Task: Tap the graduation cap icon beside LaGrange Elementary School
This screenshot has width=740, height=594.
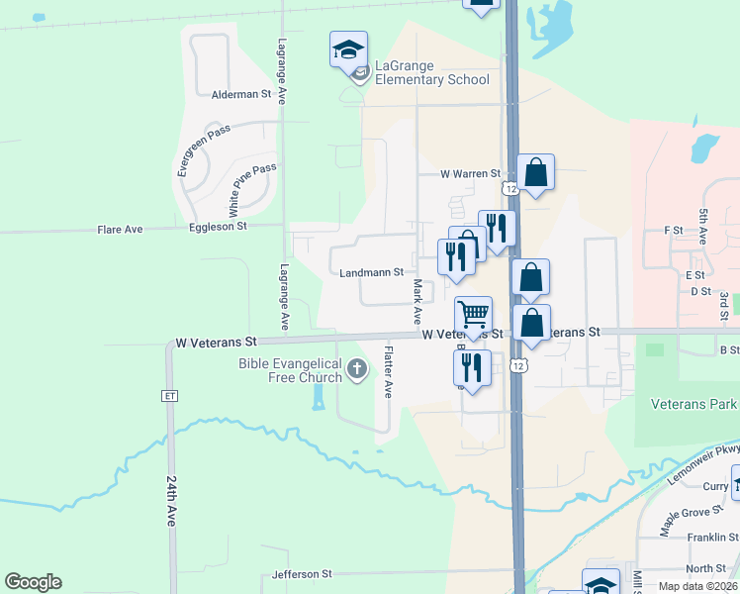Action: tap(348, 49)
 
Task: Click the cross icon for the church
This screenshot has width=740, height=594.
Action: tap(358, 370)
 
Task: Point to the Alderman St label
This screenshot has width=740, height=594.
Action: tap(241, 94)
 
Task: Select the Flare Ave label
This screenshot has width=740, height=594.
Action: tap(120, 230)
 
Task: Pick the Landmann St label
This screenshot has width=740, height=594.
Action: tap(371, 272)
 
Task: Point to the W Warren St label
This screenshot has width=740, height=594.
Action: tap(471, 173)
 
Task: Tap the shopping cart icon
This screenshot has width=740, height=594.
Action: tap(473, 315)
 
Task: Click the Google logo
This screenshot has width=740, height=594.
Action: tap(33, 582)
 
